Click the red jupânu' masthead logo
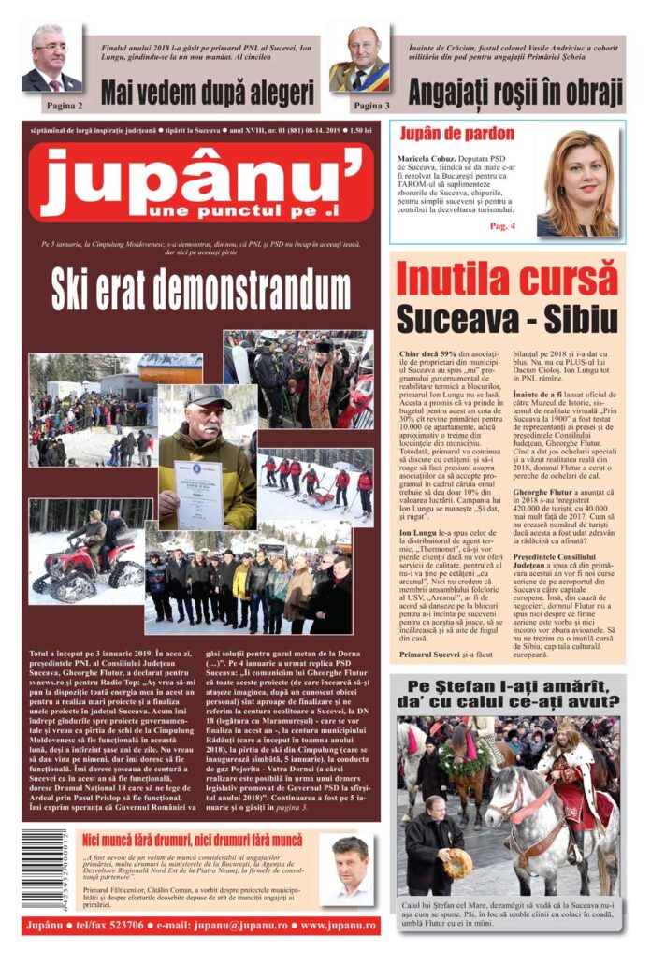point(200,181)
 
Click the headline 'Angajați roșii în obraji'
point(515,93)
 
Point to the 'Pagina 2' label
point(64,106)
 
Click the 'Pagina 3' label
point(371,106)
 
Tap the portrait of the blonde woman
point(578,183)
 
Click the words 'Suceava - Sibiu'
point(506,319)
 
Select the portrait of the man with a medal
point(358,58)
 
